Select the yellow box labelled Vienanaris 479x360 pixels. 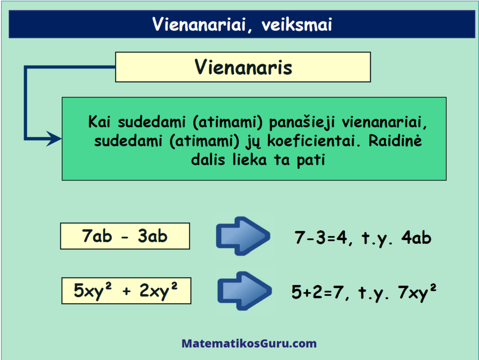point(243,67)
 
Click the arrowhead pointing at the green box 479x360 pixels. point(54,139)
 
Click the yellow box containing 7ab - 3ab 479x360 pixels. point(125,236)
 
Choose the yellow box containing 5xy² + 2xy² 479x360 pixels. point(126,291)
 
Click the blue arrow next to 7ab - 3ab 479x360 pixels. point(243,235)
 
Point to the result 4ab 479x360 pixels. point(416,238)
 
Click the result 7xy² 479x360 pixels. point(417,292)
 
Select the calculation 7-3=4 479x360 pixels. point(323,238)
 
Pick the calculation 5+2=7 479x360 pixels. point(320,292)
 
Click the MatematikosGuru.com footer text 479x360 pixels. point(249,344)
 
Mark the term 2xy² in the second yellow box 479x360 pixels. point(159,291)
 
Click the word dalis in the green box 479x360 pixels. point(208,160)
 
